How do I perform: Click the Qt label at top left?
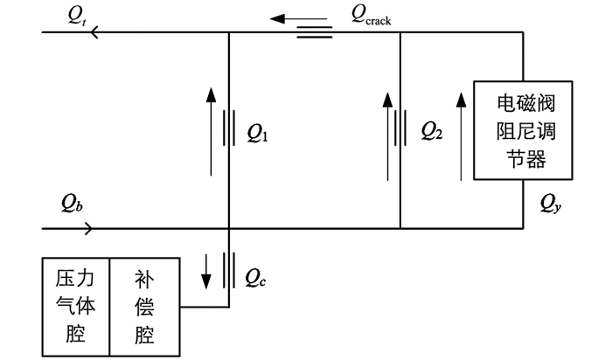coord(77,16)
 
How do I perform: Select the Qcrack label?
coord(371,16)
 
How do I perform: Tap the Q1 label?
coord(258,133)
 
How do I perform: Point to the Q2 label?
coord(432,131)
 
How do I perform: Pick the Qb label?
coord(72,204)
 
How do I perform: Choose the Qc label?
coord(255,278)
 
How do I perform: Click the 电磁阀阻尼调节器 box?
coord(523,130)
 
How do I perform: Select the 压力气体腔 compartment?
coord(76,307)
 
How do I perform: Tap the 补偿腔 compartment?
coord(145,307)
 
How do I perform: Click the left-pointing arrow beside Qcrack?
coord(299,18)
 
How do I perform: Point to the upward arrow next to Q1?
coord(212,132)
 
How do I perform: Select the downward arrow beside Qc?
coord(206,272)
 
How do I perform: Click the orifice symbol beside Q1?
coord(229,128)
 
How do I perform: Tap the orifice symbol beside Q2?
coord(400,128)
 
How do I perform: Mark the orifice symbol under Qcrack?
coord(315,32)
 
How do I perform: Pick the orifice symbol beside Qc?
coord(229,270)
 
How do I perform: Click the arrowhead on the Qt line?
coord(94,32)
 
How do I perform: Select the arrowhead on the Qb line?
coord(88,229)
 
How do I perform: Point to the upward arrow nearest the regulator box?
coord(462,137)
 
